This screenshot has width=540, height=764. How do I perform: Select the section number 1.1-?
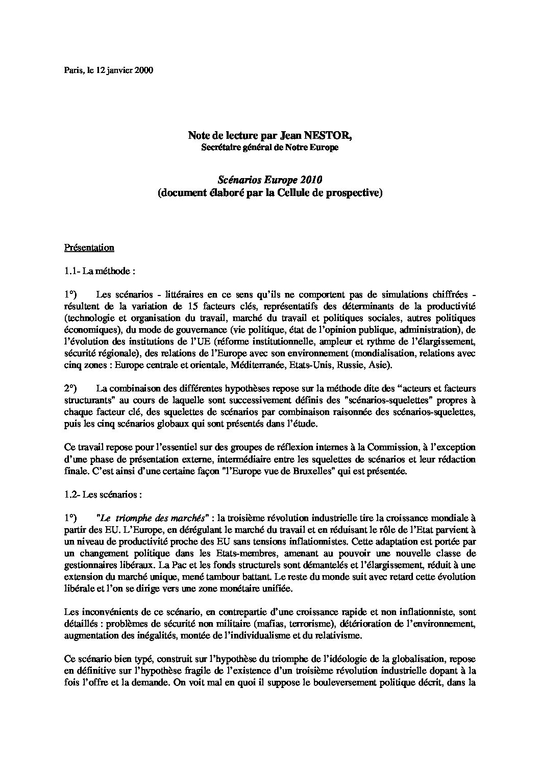[x=71, y=272]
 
